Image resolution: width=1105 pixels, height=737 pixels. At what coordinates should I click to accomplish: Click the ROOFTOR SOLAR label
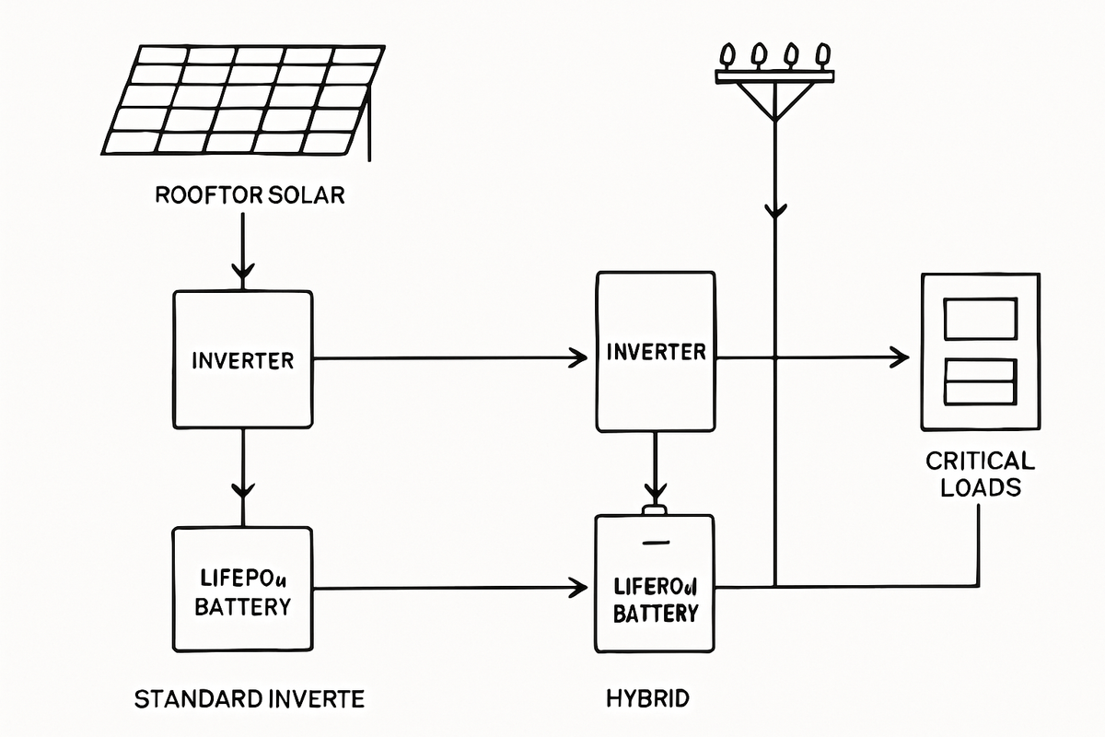click(250, 195)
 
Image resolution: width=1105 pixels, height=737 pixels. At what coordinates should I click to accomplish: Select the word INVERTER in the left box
click(243, 360)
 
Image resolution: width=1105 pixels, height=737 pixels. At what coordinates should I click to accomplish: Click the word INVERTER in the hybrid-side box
click(657, 352)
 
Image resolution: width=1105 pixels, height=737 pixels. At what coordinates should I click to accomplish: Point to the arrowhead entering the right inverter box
click(580, 357)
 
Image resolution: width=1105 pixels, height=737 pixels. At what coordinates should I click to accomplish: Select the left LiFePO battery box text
click(244, 592)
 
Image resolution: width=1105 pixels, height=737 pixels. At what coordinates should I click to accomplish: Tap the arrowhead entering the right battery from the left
click(580, 586)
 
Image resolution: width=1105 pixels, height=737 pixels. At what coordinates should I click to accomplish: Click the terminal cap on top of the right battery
click(655, 509)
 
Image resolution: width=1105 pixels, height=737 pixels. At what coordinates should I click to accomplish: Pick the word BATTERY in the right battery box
click(656, 613)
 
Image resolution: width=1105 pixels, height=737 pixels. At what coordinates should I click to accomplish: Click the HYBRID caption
click(647, 698)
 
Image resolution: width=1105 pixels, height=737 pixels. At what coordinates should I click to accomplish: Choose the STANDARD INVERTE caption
click(250, 698)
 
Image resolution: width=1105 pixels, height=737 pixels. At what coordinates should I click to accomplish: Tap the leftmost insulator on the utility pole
click(727, 56)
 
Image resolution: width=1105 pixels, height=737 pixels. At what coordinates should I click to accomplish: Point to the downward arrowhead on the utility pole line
click(775, 211)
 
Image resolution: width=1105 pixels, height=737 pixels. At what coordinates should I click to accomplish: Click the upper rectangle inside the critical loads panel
click(981, 319)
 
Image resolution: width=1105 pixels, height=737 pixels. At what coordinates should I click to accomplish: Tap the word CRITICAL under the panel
click(981, 461)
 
